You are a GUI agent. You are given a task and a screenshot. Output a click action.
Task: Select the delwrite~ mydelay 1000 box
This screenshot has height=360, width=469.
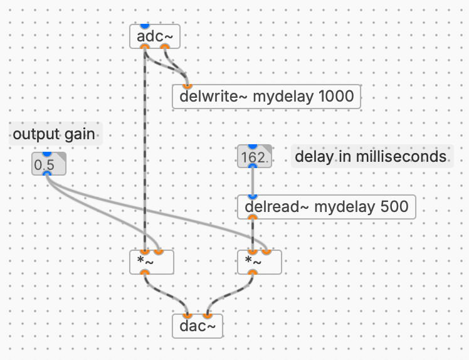(266, 97)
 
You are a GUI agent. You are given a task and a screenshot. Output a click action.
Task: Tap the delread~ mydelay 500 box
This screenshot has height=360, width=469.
(327, 206)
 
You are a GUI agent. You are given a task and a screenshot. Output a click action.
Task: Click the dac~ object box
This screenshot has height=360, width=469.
(197, 326)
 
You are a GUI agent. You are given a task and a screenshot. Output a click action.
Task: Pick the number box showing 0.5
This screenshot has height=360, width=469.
(48, 164)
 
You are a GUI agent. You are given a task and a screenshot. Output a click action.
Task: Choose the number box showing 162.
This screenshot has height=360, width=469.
(254, 156)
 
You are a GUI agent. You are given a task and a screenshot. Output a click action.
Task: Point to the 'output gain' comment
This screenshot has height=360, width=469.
(55, 134)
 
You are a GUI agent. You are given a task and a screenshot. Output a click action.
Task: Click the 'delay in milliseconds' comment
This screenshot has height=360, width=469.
(371, 156)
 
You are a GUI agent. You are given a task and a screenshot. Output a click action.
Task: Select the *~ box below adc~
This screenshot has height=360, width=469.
(151, 262)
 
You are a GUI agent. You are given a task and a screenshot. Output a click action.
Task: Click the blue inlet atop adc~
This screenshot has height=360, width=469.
(144, 25)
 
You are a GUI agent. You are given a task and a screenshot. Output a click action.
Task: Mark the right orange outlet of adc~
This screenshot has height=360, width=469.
(165, 46)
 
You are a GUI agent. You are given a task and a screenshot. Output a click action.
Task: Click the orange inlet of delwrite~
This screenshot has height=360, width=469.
(186, 86)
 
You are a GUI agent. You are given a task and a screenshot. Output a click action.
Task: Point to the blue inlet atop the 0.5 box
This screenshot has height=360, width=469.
(46, 154)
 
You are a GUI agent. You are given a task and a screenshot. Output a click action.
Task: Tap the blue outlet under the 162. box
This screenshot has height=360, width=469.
(252, 167)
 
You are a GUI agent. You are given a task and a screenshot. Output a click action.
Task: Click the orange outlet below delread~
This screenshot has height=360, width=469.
(252, 218)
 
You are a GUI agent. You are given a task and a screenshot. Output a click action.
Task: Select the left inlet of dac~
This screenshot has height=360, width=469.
(186, 315)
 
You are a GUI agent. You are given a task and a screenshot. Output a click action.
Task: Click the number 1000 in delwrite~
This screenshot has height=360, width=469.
(336, 97)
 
